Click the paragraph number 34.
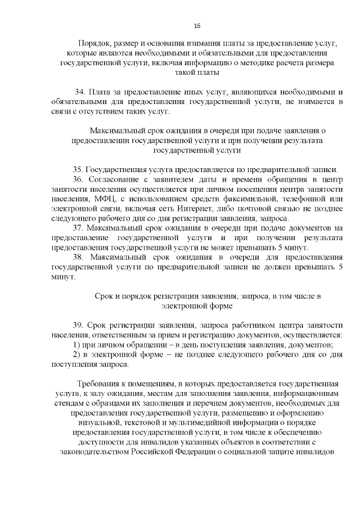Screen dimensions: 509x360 coord(79,92)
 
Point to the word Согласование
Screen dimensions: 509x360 coord(115,179)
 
